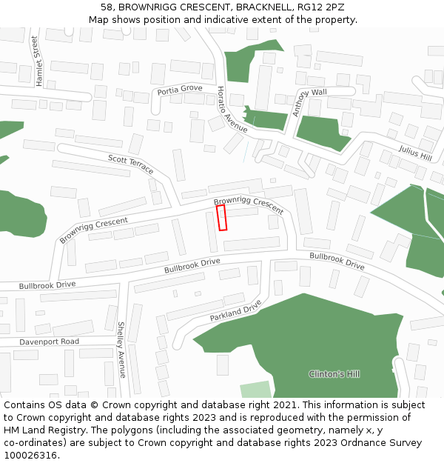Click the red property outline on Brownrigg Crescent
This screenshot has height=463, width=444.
coord(222,219)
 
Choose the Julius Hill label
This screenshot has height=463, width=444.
coord(414,153)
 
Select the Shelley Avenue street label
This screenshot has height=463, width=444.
coord(122,350)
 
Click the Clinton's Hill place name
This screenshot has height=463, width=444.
coord(334,374)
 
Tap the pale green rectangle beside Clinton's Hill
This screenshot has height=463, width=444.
coord(255,390)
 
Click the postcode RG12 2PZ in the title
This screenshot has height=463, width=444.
coord(320,7)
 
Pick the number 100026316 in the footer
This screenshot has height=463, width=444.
coord(31,455)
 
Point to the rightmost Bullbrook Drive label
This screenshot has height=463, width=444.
coord(337,261)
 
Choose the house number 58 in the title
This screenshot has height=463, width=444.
coord(107,7)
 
